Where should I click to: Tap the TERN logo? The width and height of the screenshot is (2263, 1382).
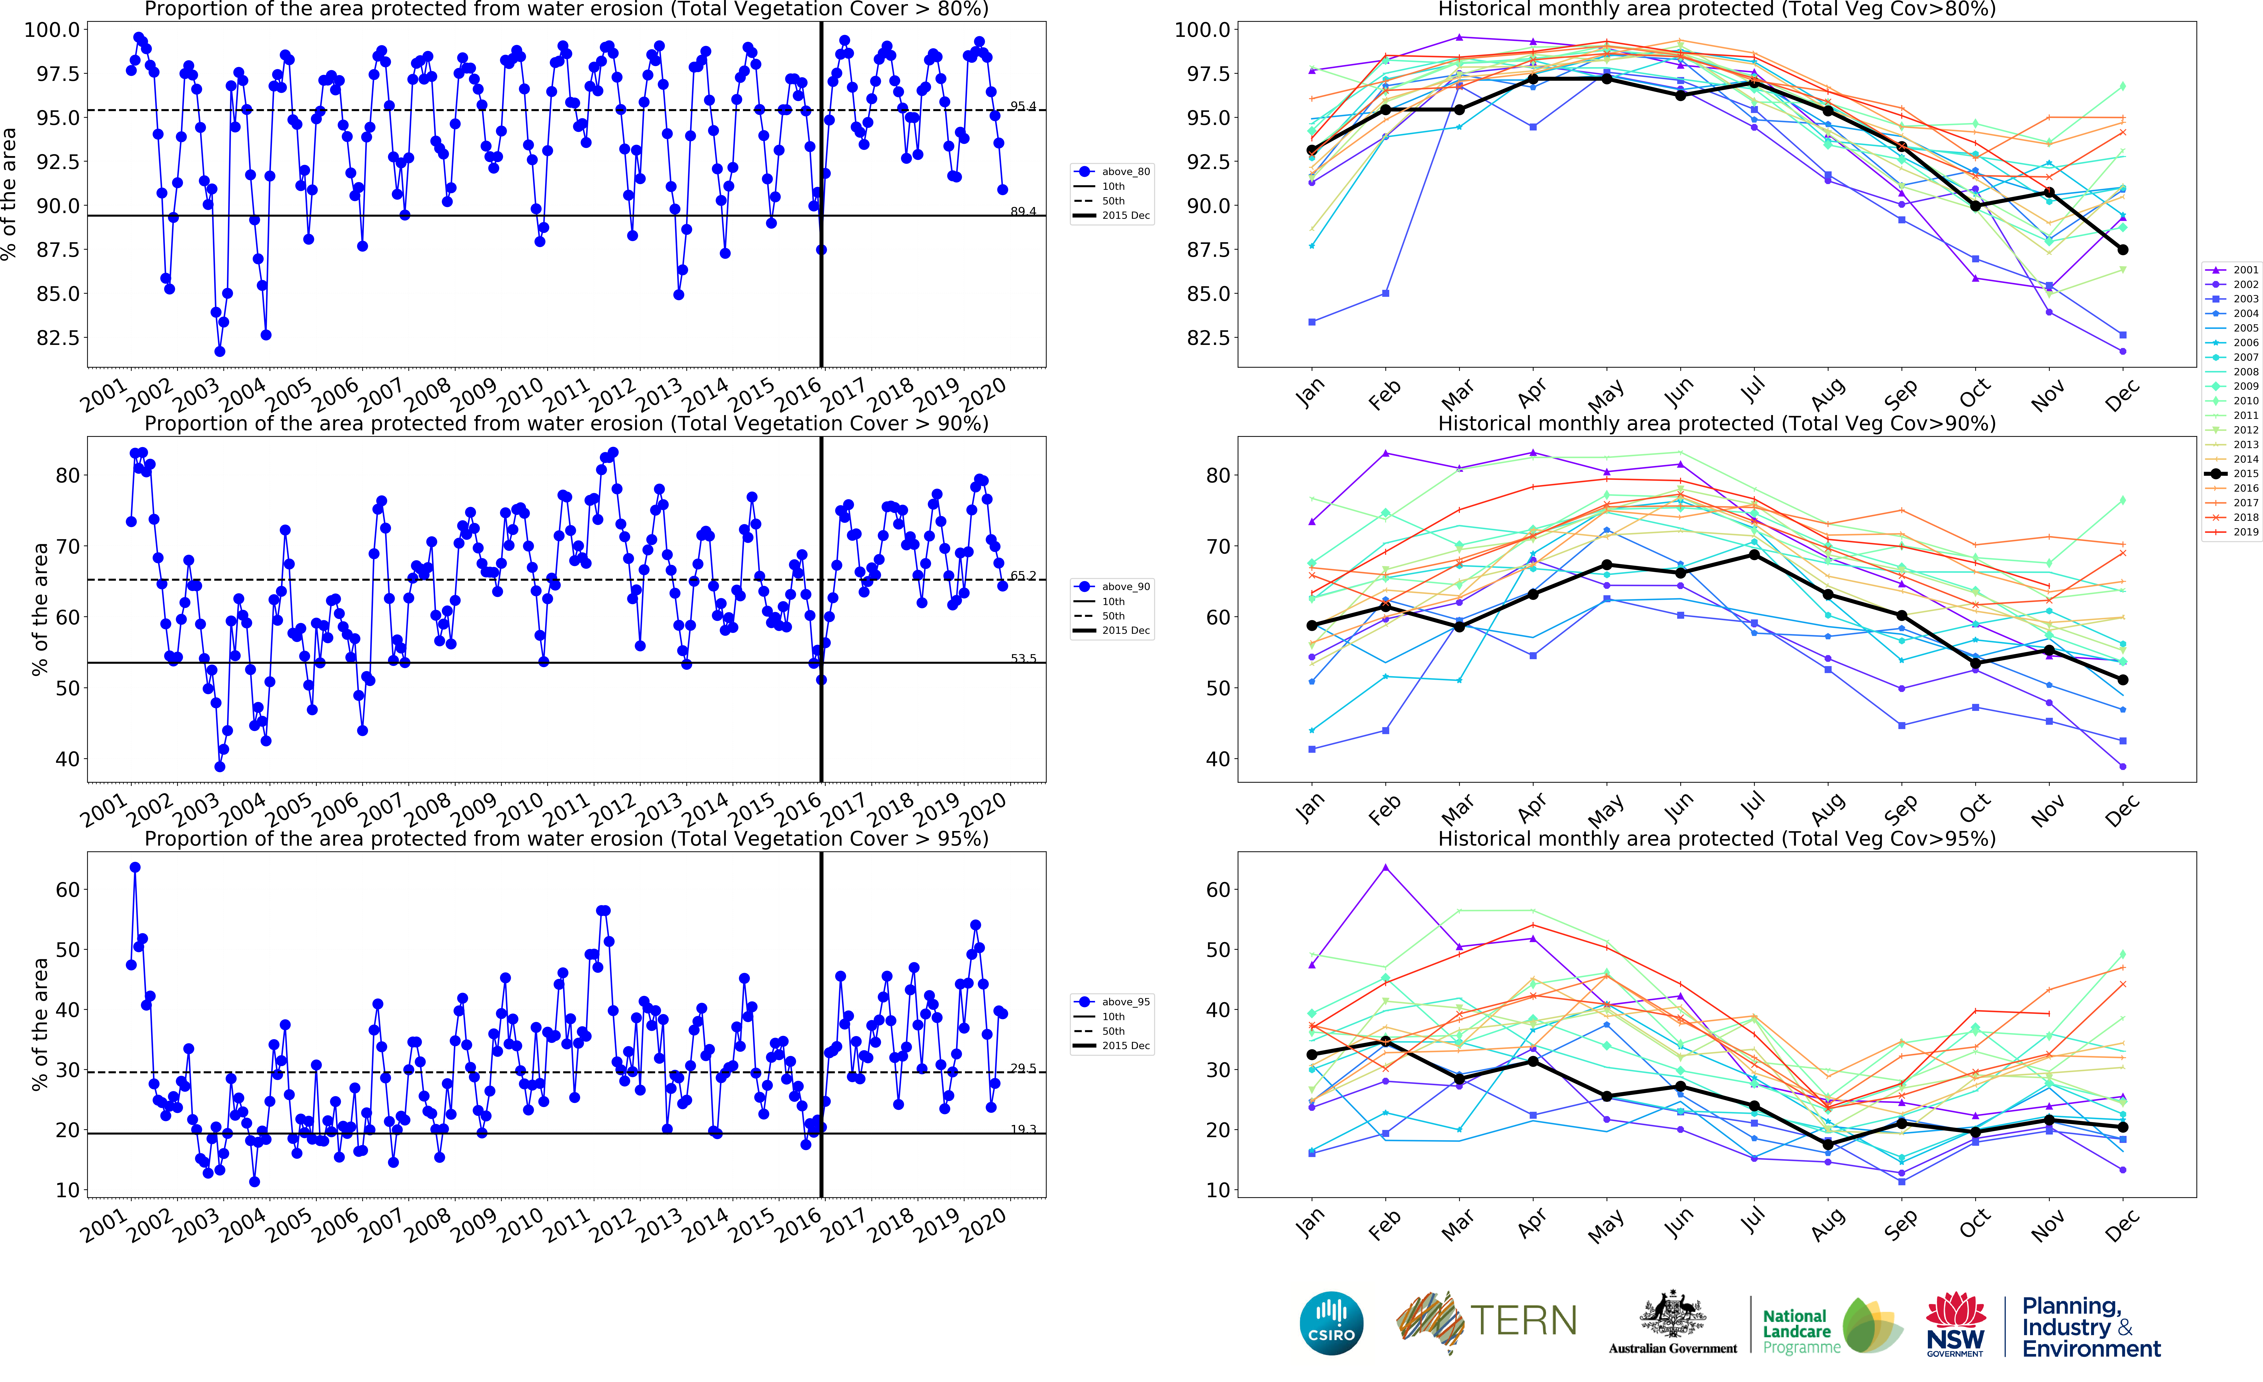(1486, 1321)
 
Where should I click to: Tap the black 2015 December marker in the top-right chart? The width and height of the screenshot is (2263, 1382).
(2122, 250)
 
